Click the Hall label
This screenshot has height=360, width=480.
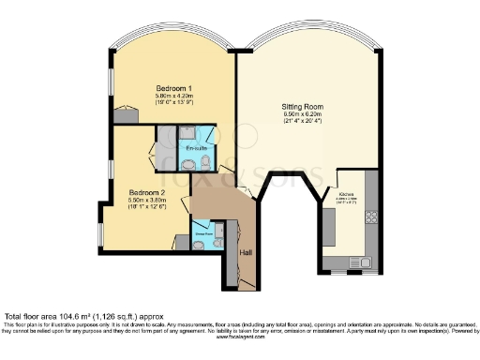247,252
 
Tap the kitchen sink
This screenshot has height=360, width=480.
358,262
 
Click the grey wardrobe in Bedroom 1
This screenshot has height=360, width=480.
123,114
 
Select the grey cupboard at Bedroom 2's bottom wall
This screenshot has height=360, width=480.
181,242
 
